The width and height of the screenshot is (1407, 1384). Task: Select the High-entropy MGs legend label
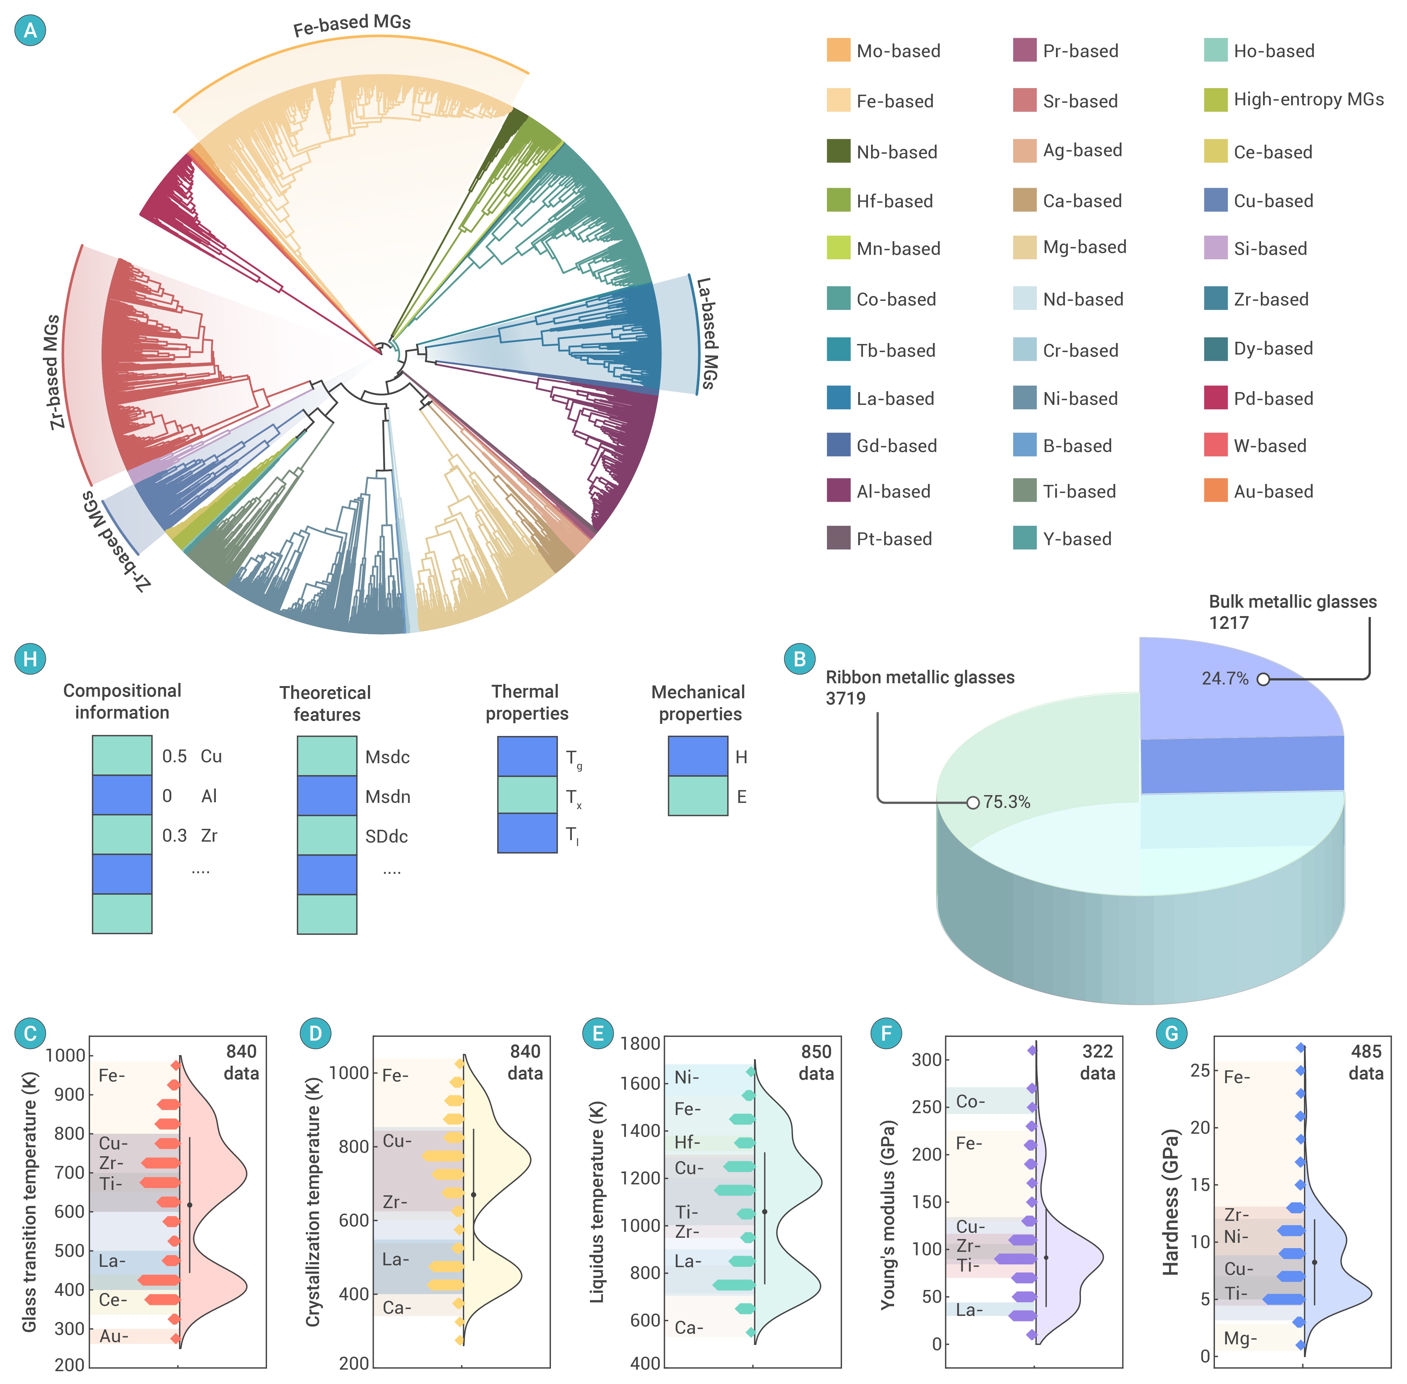(x=1308, y=100)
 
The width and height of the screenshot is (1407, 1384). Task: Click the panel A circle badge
(x=30, y=30)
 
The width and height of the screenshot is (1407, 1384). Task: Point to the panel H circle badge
(x=30, y=659)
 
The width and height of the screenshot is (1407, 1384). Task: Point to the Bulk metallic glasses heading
(x=1292, y=602)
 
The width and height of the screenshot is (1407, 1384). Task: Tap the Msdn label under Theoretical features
(x=387, y=797)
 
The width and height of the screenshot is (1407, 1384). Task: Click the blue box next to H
(x=698, y=756)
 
